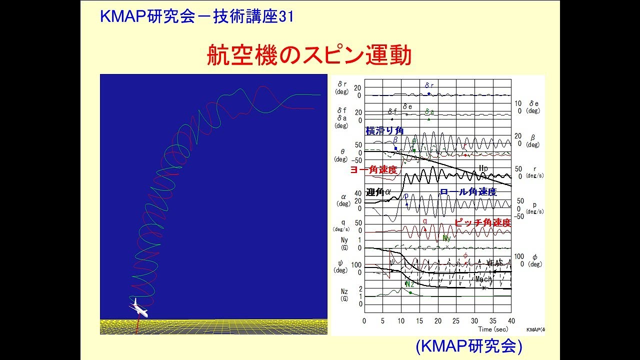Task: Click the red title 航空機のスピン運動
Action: [309, 55]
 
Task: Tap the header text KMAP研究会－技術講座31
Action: [196, 16]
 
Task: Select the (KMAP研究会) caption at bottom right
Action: [468, 346]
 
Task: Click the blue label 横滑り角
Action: [384, 131]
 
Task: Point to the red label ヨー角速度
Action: [373, 170]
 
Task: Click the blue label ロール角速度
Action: [468, 192]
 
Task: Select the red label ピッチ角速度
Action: [482, 223]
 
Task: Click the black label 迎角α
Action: [378, 192]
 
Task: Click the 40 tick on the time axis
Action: [511, 320]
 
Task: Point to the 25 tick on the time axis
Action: [456, 320]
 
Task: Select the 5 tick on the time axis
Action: [382, 320]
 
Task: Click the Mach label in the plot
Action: [483, 279]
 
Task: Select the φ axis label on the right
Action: [534, 256]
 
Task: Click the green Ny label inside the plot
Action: [446, 238]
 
